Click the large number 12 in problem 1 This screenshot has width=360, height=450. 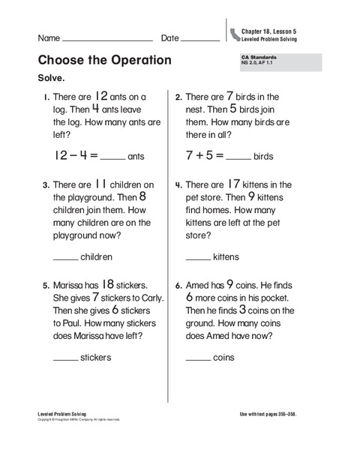pos(103,96)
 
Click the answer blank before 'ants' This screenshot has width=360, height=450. pos(112,159)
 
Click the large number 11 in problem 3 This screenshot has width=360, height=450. pos(103,184)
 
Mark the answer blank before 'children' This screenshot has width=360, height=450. pos(65,259)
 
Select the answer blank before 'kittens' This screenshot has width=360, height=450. pos(198,259)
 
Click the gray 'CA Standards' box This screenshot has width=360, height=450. pos(277,61)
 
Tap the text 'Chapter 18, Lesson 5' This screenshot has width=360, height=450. pos(268,31)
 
